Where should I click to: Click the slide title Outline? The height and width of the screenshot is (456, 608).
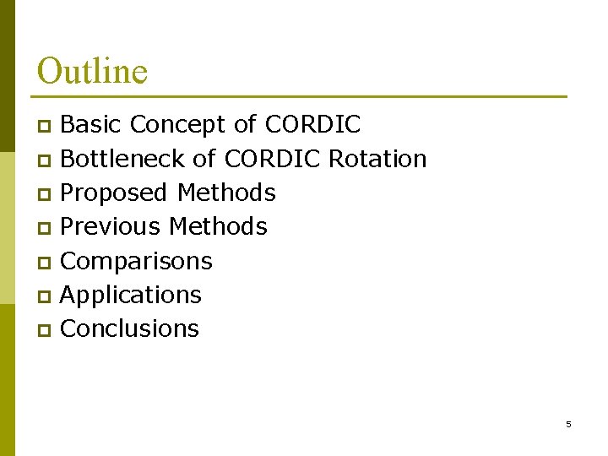point(92,71)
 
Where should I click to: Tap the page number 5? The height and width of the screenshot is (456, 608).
point(568,424)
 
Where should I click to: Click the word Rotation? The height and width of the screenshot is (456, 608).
point(377,159)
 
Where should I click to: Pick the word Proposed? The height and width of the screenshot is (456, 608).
point(114,193)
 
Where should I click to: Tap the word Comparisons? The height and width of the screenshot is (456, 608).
point(137,261)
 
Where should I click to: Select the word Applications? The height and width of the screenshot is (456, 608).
point(131,295)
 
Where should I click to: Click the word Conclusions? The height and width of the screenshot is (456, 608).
point(130,328)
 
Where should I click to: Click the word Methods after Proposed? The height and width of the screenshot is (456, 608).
point(226,193)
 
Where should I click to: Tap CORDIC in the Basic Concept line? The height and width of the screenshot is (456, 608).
point(312,125)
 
